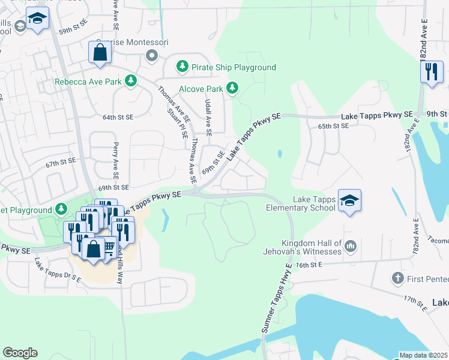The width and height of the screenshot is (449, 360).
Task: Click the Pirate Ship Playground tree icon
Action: (x=182, y=67)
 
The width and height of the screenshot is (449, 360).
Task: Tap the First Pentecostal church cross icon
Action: (x=397, y=278)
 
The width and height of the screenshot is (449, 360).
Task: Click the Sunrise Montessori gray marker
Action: (x=151, y=56)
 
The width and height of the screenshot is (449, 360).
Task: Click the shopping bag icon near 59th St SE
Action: (x=100, y=52)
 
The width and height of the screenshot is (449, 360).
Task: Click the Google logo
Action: (x=20, y=353)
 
